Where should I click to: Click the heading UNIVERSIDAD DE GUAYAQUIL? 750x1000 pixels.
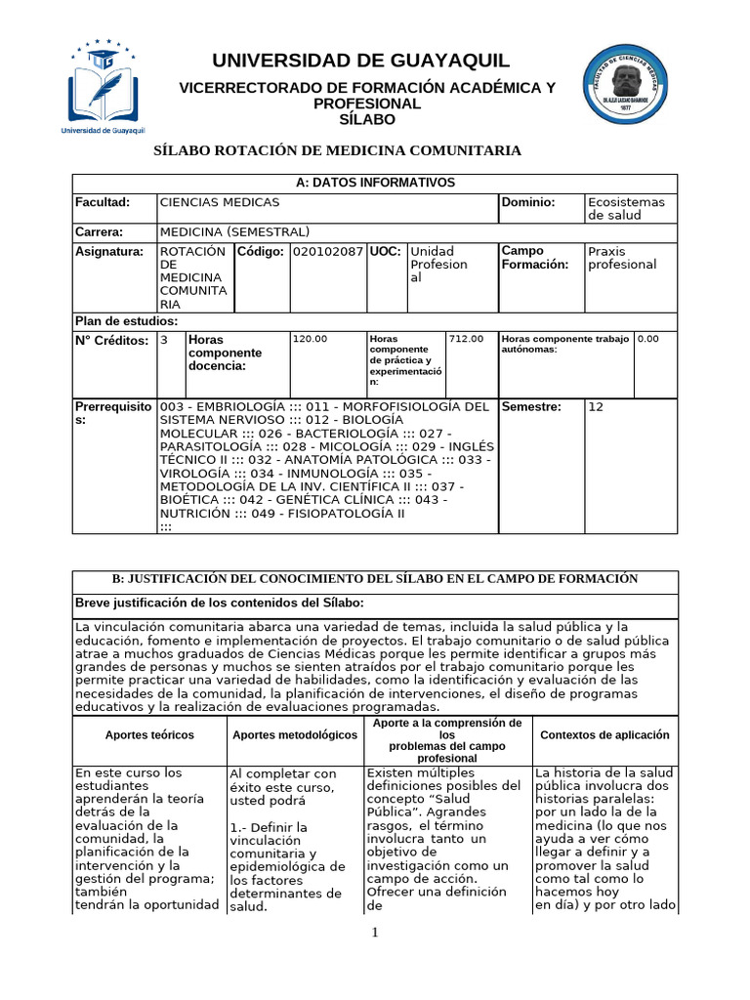point(367,61)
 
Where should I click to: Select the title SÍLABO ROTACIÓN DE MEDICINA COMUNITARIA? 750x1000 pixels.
point(339,150)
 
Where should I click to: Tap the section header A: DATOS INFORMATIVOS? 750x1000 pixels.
point(375,183)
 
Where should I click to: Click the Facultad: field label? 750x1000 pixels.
point(103,202)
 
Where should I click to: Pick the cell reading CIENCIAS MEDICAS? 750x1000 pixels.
point(219,202)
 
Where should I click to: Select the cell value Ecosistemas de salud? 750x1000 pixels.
point(625,208)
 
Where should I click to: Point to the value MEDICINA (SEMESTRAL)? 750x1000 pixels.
point(234,231)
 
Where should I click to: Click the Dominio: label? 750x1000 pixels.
point(527,202)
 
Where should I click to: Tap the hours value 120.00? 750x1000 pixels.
point(311,339)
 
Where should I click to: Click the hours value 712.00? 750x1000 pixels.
point(466,339)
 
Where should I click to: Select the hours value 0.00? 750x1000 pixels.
point(648,339)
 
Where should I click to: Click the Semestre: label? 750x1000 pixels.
point(531,406)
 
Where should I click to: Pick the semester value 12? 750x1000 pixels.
point(596,406)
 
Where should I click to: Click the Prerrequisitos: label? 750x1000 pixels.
point(113,412)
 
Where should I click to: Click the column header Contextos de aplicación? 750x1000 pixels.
point(604,735)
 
